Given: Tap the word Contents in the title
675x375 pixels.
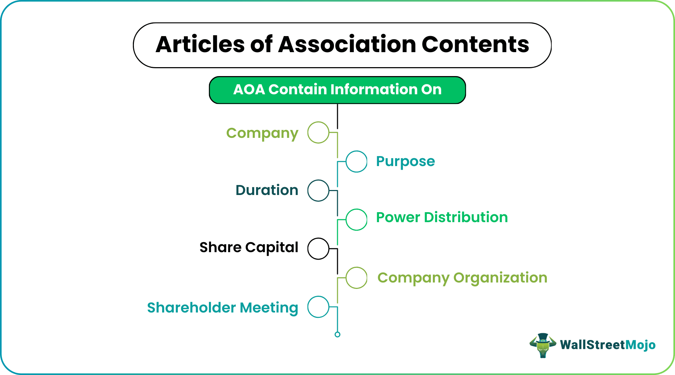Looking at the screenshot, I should (x=475, y=45).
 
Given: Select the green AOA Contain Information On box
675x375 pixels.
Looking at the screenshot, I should (x=337, y=90).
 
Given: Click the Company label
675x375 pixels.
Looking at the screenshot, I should (x=262, y=133).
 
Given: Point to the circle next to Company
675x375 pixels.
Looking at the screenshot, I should (x=318, y=132).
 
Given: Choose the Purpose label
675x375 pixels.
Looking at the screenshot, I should (x=405, y=161).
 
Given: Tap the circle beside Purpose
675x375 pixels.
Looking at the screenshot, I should (x=356, y=161).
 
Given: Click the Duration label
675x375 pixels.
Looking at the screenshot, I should (x=267, y=190).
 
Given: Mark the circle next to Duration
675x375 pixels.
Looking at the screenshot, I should (x=318, y=190).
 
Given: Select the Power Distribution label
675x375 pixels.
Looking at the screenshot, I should (x=442, y=217).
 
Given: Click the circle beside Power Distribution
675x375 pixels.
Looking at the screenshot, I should (x=356, y=220).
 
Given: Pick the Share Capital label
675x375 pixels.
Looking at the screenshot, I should (x=249, y=247).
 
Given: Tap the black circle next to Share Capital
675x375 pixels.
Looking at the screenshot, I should (x=318, y=249).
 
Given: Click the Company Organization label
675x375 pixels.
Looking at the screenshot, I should (x=462, y=278).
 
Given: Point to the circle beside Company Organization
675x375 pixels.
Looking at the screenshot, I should (x=356, y=277).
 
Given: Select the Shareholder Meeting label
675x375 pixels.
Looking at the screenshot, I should (x=222, y=307).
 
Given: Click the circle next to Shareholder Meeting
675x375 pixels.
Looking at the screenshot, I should (x=318, y=307).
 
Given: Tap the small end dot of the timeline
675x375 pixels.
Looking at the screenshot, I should (x=337, y=335).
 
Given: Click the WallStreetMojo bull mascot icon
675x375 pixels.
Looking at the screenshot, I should (x=543, y=345).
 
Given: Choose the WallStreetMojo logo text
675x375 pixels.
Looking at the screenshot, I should (x=607, y=345).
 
